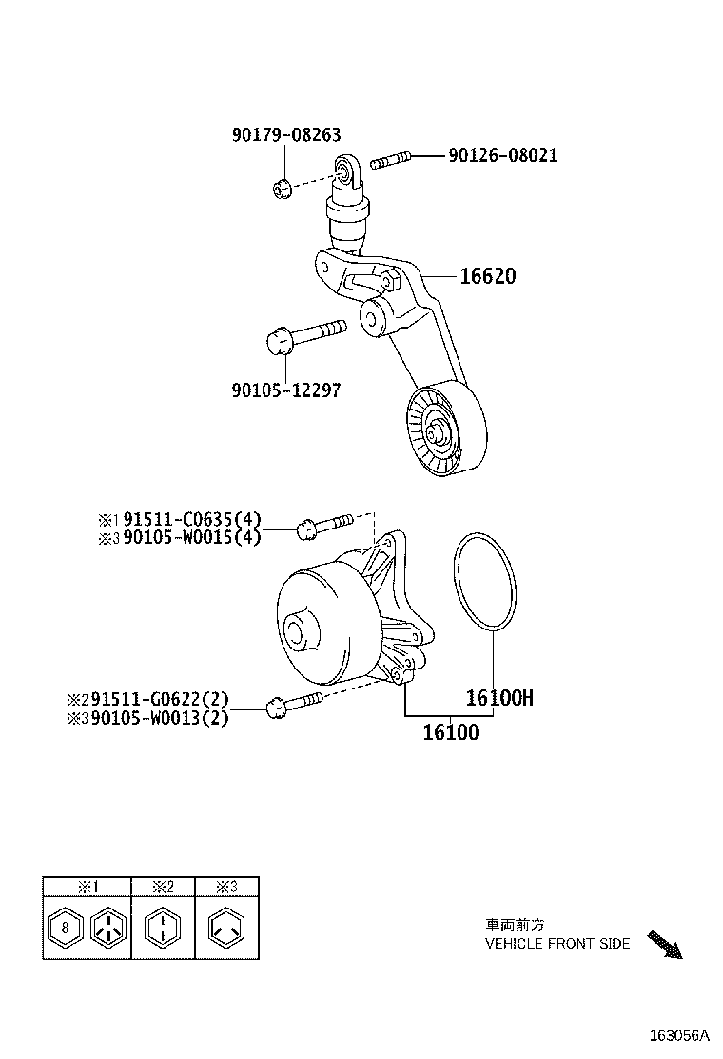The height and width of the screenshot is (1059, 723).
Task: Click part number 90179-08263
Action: pyautogui.click(x=285, y=135)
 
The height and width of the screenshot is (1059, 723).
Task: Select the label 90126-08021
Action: pyautogui.click(x=502, y=155)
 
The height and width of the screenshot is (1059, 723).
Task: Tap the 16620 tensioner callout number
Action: pyautogui.click(x=487, y=276)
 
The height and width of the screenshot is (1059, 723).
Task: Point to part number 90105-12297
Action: pyautogui.click(x=285, y=390)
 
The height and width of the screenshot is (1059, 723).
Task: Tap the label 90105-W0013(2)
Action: pyautogui.click(x=160, y=718)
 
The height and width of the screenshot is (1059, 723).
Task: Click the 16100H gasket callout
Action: pyautogui.click(x=498, y=698)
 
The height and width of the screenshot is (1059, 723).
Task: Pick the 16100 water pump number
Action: pyautogui.click(x=450, y=732)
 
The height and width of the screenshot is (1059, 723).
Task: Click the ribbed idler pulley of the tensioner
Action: pyautogui.click(x=443, y=430)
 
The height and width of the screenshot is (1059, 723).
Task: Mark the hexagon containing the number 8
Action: pyautogui.click(x=65, y=927)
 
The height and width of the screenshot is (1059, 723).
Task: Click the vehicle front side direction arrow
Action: pyautogui.click(x=665, y=945)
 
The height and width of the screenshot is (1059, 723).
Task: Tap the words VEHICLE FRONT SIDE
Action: pyautogui.click(x=557, y=944)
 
